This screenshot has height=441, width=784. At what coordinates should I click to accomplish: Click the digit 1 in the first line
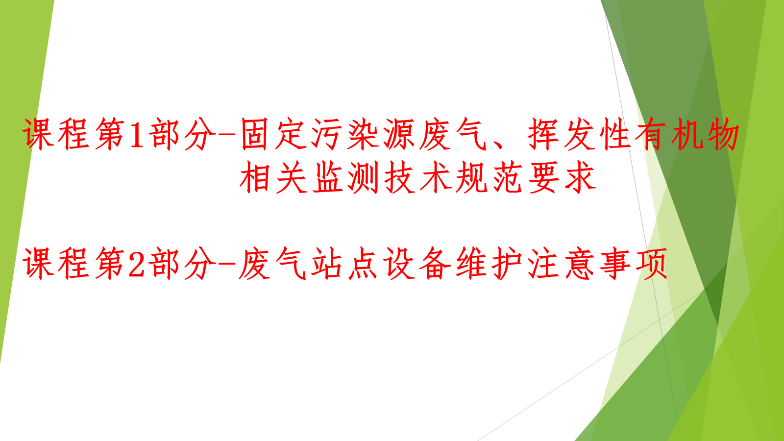tap(137, 135)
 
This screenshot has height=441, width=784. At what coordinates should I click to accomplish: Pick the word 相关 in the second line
tap(273, 177)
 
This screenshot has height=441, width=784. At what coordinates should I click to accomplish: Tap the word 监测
tap(345, 177)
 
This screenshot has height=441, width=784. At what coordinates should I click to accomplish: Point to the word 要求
tap(562, 177)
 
